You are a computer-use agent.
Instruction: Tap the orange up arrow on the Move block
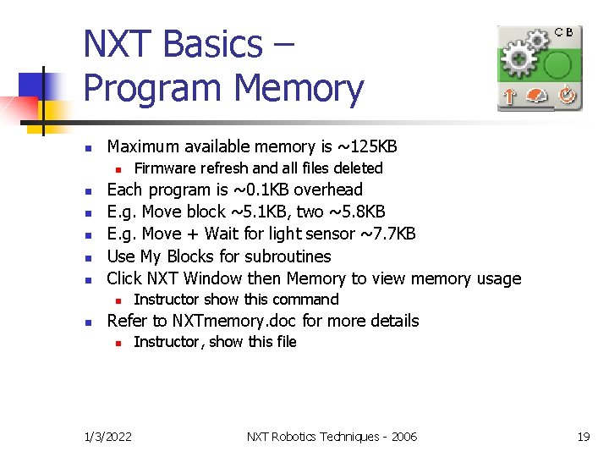point(509,96)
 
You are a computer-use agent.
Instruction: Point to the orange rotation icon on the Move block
point(566,96)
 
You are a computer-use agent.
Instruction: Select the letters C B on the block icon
point(564,32)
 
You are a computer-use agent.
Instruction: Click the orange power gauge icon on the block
point(538,96)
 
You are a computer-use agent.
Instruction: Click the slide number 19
point(583,437)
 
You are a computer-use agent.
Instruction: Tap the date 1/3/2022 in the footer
point(108,437)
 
